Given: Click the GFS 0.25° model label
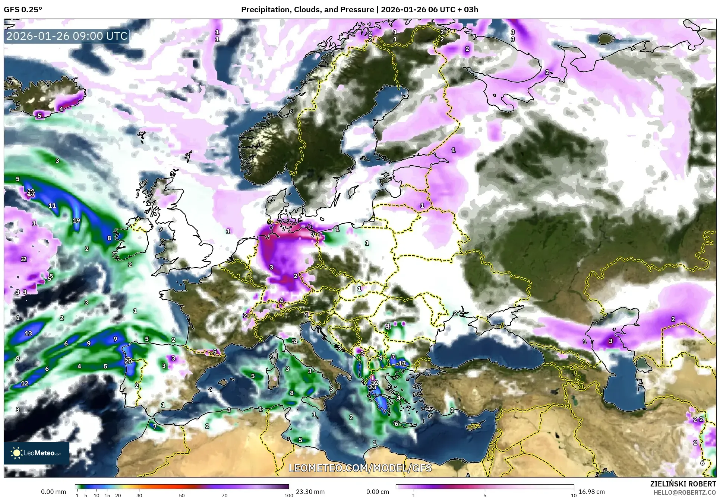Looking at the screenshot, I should [x=23, y=10].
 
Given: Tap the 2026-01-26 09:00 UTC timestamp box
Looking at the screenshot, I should [x=67, y=36].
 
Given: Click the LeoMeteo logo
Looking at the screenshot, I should [x=37, y=453].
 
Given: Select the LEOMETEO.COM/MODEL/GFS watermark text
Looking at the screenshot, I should [x=360, y=468].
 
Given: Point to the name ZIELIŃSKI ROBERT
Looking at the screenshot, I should [x=683, y=484].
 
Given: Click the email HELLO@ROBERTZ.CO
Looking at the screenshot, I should [x=685, y=492].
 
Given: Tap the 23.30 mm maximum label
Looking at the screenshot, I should [x=310, y=492].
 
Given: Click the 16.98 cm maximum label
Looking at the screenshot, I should [x=591, y=492].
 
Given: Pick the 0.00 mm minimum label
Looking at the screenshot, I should [x=53, y=492].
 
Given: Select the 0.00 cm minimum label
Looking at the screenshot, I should [x=378, y=492].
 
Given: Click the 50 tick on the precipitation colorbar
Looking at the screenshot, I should [x=182, y=495].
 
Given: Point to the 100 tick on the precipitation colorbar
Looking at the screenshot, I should [x=288, y=495].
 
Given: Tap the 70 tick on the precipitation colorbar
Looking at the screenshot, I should [x=224, y=495].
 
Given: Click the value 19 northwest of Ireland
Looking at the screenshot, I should [x=76, y=220].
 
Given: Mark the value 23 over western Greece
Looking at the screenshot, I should [x=372, y=387].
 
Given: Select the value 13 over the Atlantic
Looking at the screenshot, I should [x=28, y=333].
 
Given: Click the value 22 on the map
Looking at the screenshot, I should [x=24, y=259].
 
